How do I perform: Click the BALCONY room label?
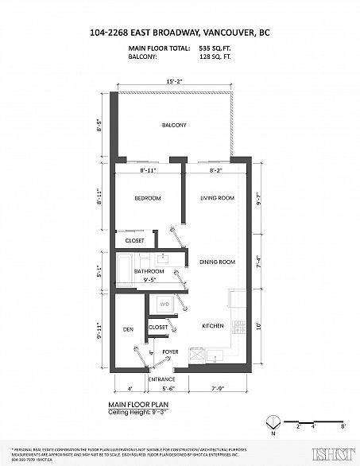(174, 126)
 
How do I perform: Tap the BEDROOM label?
(147, 198)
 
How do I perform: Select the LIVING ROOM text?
(216, 198)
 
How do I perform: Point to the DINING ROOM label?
(216, 262)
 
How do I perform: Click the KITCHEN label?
(211, 326)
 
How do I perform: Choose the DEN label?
(127, 328)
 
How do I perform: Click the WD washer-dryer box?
(165, 305)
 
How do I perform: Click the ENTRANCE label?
(162, 379)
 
